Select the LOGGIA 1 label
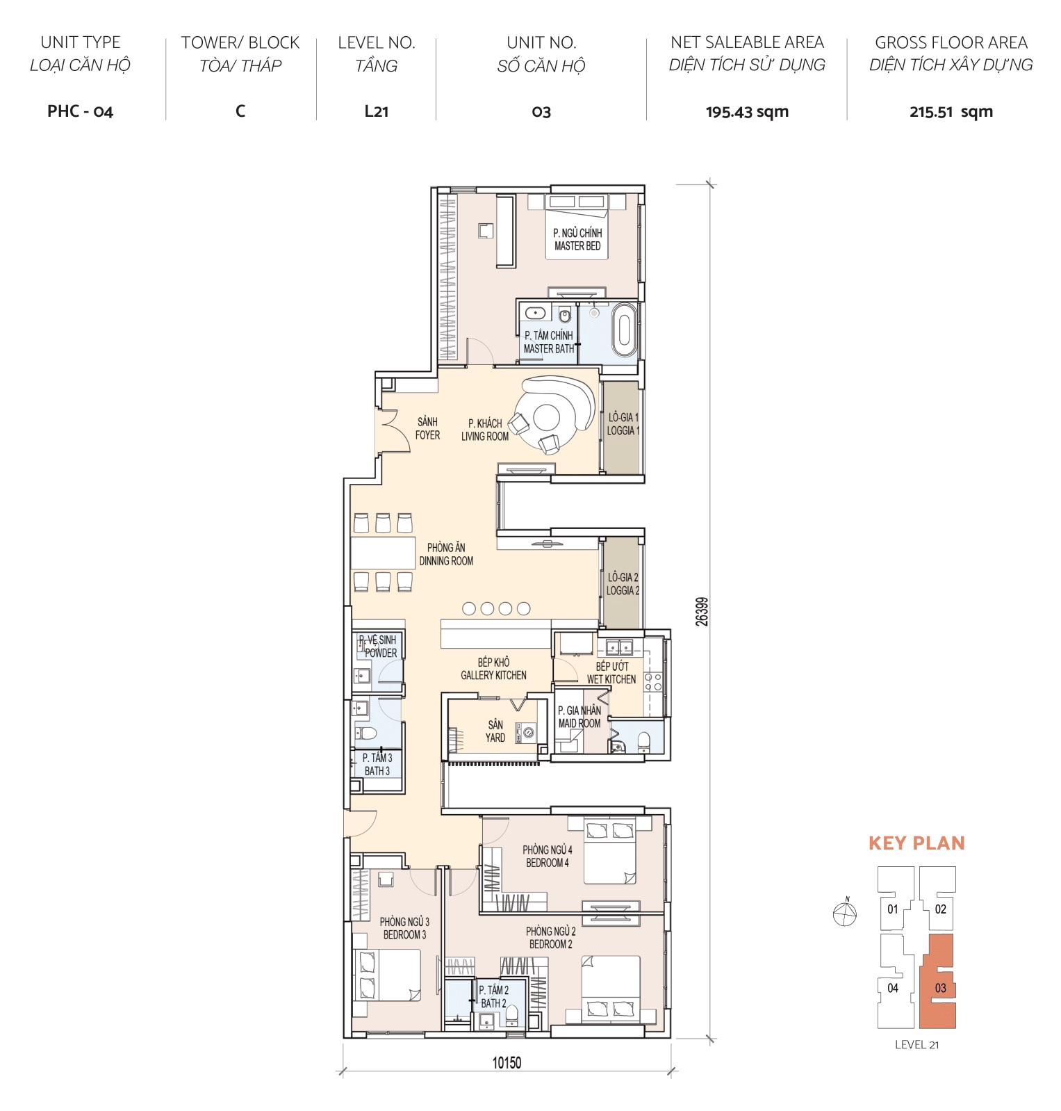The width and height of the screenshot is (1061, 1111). click(623, 423)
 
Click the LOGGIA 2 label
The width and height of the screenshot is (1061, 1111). click(623, 583)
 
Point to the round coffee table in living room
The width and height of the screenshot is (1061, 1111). click(546, 418)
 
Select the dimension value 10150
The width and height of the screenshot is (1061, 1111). click(507, 1062)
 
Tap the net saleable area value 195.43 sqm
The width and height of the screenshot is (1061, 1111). click(747, 111)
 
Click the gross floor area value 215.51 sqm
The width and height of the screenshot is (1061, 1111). click(951, 111)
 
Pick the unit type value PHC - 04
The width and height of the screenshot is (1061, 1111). click(80, 111)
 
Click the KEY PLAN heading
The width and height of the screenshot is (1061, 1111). click(916, 843)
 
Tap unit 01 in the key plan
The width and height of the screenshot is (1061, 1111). click(893, 909)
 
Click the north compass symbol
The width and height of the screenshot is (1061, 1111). click(844, 912)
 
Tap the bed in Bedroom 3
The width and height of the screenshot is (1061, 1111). click(387, 975)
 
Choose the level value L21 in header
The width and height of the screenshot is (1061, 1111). click(376, 111)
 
